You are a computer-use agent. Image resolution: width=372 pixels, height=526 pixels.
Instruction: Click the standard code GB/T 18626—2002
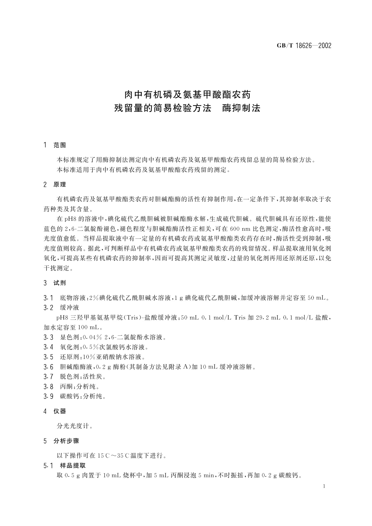[x=304, y=46]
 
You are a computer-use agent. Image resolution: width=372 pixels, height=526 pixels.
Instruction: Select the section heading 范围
[x=60, y=145]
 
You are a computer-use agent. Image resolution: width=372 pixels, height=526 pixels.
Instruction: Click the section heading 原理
[x=60, y=185]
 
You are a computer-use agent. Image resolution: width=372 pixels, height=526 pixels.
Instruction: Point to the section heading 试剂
[x=60, y=283]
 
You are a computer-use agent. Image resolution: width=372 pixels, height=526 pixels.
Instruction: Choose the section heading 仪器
[x=60, y=411]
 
